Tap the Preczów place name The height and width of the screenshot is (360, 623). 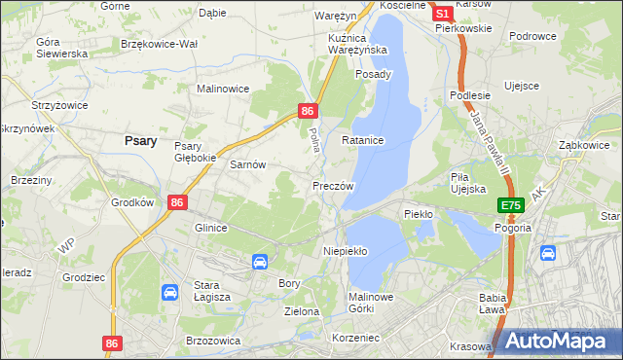(x=332, y=185)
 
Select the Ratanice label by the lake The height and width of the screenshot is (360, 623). (x=363, y=141)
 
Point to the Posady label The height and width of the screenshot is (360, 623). (x=374, y=74)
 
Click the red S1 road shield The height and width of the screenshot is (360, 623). (x=442, y=15)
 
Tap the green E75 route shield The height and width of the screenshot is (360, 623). (x=512, y=206)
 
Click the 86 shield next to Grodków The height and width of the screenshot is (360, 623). (x=176, y=202)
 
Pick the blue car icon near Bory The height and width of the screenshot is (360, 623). (x=260, y=262)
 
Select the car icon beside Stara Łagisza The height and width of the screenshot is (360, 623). (x=169, y=292)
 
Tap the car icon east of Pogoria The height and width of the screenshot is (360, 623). (x=547, y=253)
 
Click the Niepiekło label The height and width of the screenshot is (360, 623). (x=345, y=251)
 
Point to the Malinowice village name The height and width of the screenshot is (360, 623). (x=224, y=89)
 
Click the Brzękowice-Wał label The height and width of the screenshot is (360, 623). (x=159, y=44)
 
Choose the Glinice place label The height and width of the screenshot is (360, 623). (x=211, y=228)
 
